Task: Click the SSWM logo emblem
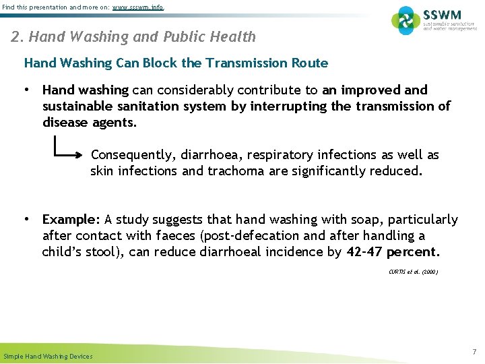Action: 406,20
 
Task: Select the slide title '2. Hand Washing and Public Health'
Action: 133,36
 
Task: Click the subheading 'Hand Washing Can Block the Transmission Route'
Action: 176,63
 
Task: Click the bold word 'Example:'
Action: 71,220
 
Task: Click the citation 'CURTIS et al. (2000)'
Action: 413,272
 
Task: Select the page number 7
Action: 474,352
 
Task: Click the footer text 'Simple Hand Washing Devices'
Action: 48,356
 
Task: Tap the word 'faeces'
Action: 174,236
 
